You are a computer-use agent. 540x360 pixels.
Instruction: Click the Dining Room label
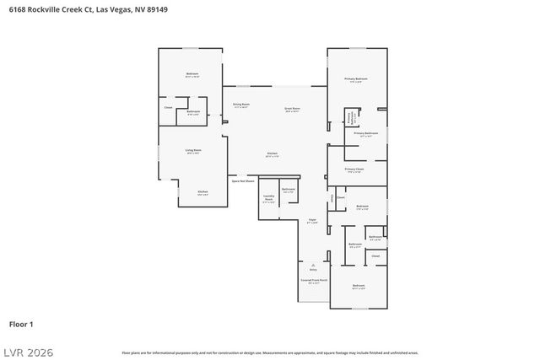(x=240, y=105)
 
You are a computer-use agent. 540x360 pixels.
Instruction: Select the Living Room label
(x=192, y=152)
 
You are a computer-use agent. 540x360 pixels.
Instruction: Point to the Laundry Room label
(x=268, y=201)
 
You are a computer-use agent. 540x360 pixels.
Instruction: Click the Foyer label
(x=312, y=221)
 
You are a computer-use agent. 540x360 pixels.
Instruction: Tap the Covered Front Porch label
(x=314, y=282)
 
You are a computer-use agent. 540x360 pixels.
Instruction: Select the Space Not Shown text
(x=243, y=180)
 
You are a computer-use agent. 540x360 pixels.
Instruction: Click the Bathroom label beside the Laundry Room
(x=289, y=190)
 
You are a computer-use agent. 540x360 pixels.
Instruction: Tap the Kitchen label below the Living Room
(x=202, y=193)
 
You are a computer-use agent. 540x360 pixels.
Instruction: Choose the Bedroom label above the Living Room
(x=192, y=76)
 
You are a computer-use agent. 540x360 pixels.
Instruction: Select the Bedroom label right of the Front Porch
(x=359, y=287)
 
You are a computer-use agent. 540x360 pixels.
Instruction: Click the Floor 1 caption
(x=21, y=324)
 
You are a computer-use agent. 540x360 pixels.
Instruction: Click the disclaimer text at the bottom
(x=269, y=352)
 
